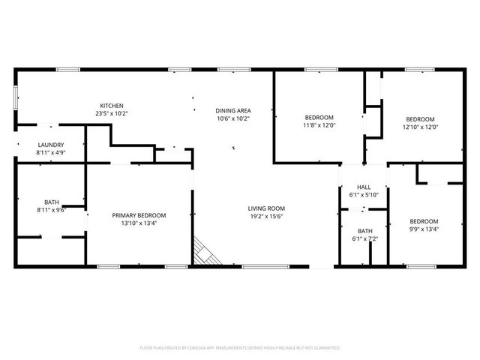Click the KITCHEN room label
click(112, 106)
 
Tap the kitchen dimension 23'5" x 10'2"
click(112, 114)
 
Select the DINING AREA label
click(232, 110)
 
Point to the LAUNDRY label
click(50, 145)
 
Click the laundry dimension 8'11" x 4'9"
click(50, 153)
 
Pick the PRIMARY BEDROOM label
click(139, 215)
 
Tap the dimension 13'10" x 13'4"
click(139, 223)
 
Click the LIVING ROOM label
click(267, 208)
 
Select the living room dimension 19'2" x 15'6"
click(267, 217)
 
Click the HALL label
click(364, 187)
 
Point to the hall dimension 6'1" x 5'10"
click(364, 195)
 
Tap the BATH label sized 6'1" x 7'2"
click(364, 231)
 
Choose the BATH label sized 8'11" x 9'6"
click(51, 202)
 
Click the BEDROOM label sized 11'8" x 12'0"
click(319, 118)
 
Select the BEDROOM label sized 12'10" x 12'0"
click(420, 119)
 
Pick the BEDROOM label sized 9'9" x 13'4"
click(424, 221)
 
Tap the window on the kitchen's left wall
click(16, 97)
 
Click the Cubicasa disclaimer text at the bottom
click(240, 348)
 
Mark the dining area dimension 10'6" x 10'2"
click(232, 118)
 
